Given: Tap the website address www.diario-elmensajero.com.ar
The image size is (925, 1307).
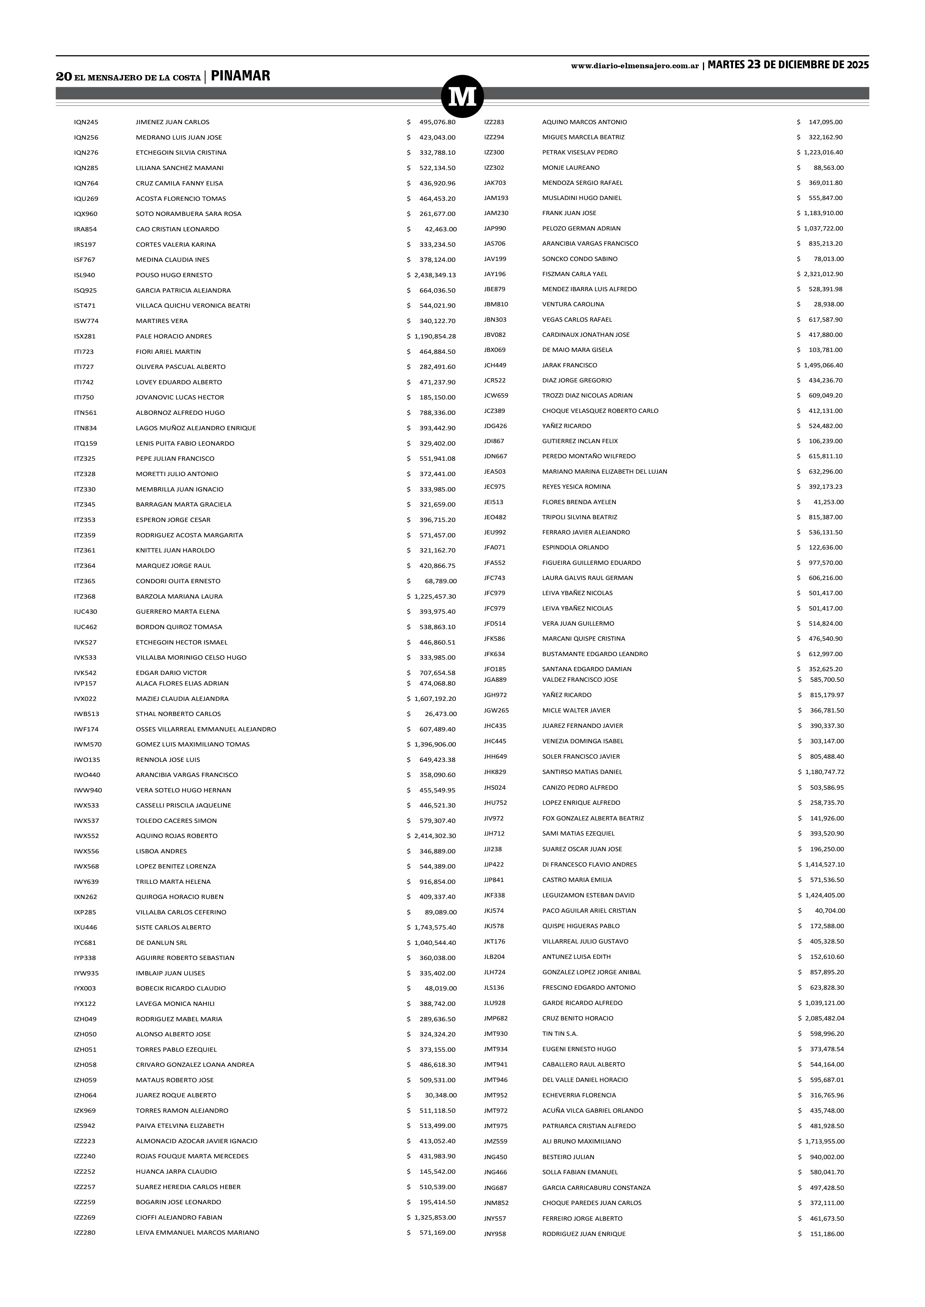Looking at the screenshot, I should point(634,66).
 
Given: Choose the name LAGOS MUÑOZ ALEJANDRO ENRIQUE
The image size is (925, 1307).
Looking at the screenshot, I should point(195,428).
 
